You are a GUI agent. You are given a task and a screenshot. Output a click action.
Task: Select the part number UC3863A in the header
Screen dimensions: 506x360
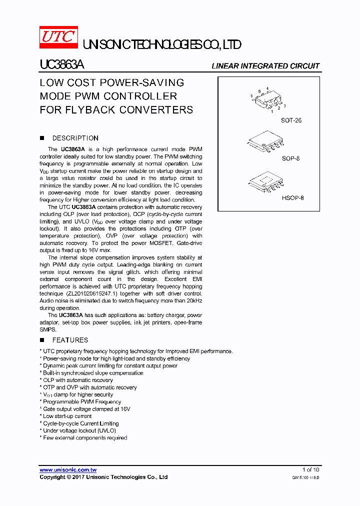62,65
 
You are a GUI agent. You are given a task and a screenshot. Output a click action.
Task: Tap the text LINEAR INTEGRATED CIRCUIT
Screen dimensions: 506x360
265,66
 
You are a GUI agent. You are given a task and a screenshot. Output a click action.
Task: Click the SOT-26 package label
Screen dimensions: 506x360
291,120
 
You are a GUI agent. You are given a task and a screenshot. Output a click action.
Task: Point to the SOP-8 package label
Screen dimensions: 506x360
290,158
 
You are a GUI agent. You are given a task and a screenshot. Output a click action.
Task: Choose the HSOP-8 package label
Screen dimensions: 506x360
292,197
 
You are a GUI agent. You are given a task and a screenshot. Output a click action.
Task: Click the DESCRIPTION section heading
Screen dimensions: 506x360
75,138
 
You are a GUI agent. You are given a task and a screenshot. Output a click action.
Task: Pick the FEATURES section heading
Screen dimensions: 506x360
70,340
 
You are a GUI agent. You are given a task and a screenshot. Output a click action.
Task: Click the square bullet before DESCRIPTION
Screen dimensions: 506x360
42,138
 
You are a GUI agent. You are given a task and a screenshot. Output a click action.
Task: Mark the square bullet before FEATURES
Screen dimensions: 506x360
42,340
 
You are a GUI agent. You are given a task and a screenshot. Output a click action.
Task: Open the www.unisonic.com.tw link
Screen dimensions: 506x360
68,469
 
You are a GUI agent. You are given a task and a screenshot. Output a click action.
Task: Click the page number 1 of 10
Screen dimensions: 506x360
310,469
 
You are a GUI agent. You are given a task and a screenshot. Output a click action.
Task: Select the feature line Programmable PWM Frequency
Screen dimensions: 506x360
81,401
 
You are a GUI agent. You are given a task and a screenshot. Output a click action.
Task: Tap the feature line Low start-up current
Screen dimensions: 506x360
67,416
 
